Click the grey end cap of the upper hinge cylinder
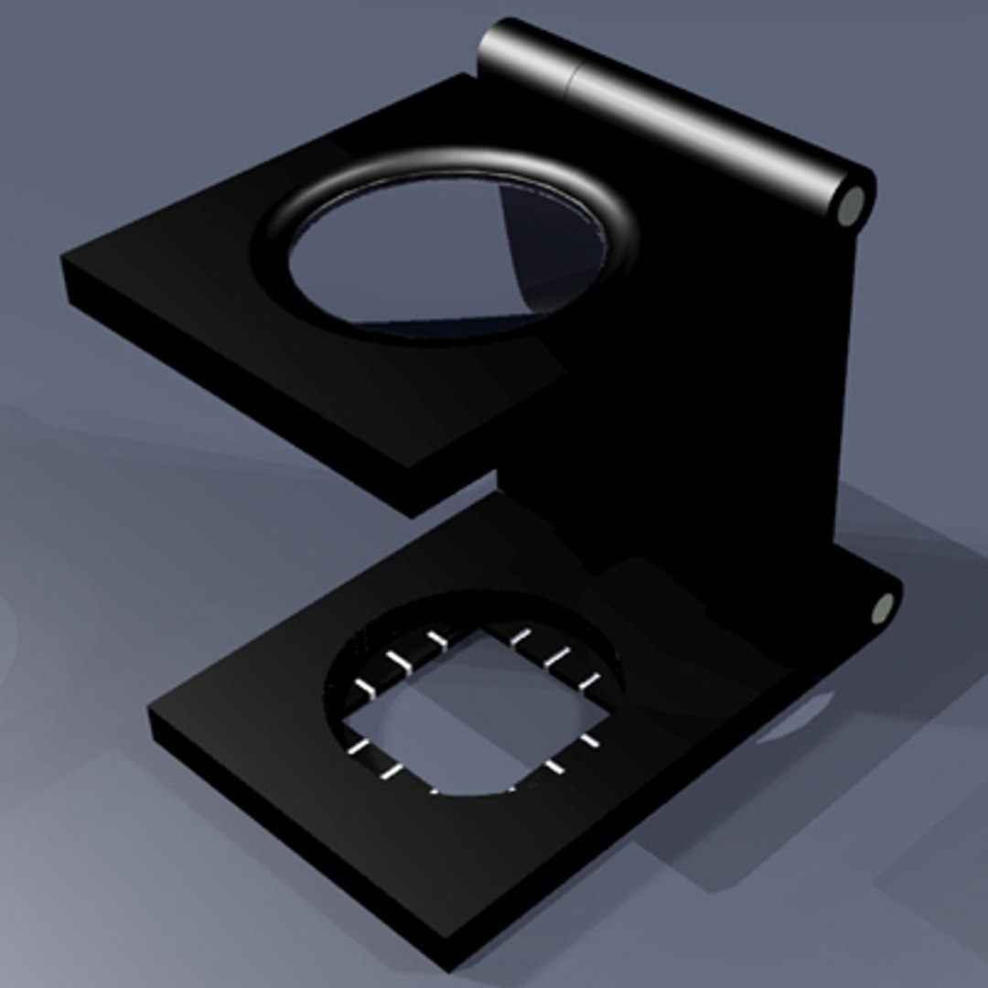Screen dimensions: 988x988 coord(852,204)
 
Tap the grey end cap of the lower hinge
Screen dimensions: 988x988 coord(882,608)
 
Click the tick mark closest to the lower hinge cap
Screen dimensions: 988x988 coord(590,682)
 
